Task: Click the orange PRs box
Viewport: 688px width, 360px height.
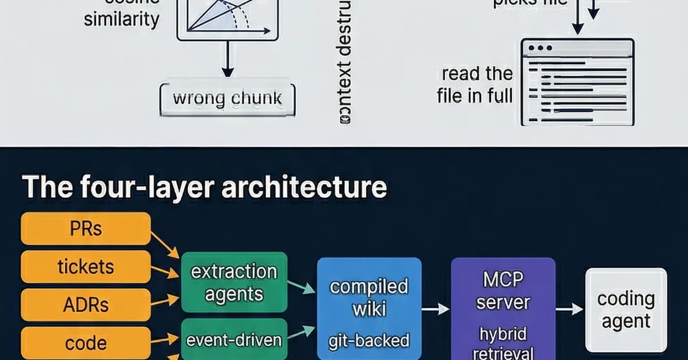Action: pyautogui.click(x=85, y=228)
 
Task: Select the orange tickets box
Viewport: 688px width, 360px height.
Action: pyautogui.click(x=85, y=267)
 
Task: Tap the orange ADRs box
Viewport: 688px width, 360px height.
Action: pyautogui.click(x=85, y=305)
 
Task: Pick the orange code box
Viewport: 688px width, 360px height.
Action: pyautogui.click(x=85, y=343)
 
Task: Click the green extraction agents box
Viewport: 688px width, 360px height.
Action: pyautogui.click(x=234, y=282)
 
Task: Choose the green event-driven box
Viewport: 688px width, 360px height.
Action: pyautogui.click(x=234, y=339)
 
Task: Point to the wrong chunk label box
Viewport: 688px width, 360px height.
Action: pyautogui.click(x=227, y=99)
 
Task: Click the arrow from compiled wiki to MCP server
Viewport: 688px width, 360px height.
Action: pyautogui.click(x=436, y=309)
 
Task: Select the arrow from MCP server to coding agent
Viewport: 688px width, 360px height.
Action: pyautogui.click(x=569, y=309)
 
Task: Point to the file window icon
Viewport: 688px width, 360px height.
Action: pyautogui.click(x=577, y=81)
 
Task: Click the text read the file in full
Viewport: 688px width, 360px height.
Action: pyautogui.click(x=475, y=84)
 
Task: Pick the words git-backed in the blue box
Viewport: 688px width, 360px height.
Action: pyautogui.click(x=369, y=341)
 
